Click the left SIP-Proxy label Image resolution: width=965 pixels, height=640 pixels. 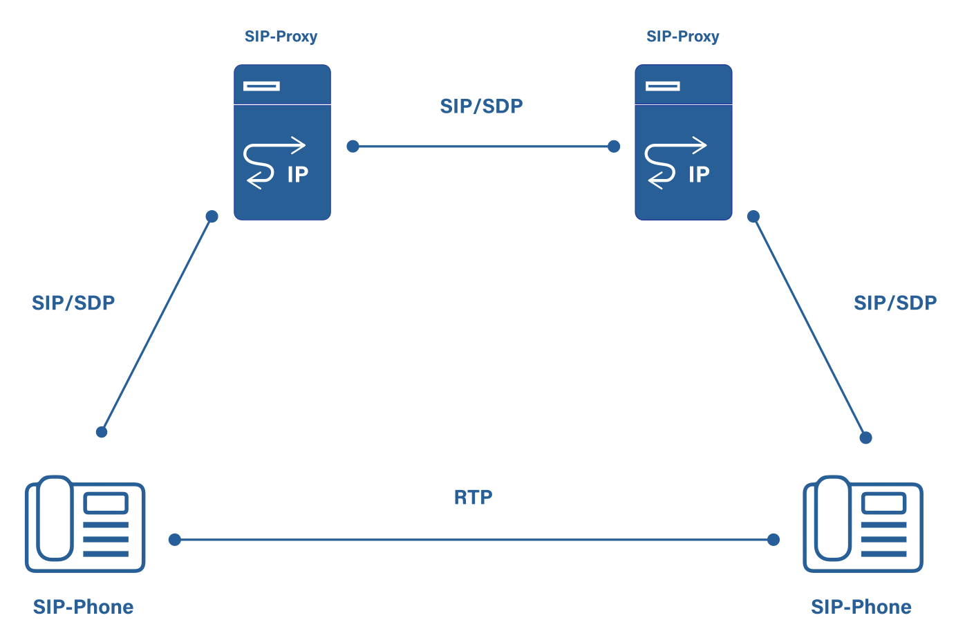[x=281, y=37]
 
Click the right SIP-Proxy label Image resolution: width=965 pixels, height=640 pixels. [x=682, y=37]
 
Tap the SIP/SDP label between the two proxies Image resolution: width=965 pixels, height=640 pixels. [x=481, y=106]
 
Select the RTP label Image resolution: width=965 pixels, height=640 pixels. [x=473, y=498]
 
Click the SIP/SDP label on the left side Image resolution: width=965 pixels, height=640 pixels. [x=73, y=303]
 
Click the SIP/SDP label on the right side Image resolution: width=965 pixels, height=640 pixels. [x=894, y=303]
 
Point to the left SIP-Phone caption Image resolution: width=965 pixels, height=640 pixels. [x=83, y=607]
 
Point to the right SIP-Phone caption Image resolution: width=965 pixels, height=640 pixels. [x=861, y=607]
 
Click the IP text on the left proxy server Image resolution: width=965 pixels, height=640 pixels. [x=297, y=175]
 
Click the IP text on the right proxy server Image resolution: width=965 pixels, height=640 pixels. [x=699, y=175]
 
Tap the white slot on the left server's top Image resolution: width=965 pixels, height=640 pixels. [x=261, y=86]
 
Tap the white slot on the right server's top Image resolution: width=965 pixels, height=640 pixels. [x=663, y=86]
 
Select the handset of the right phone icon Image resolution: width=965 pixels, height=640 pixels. [x=833, y=518]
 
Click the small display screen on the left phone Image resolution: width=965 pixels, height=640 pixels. [x=106, y=503]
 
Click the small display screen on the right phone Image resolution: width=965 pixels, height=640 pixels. [x=883, y=503]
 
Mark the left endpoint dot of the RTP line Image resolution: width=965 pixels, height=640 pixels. [x=175, y=540]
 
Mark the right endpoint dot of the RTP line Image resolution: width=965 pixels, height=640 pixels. [x=774, y=540]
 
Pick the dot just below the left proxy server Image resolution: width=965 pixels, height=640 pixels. [x=212, y=216]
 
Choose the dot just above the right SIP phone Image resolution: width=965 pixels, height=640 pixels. [x=865, y=437]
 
